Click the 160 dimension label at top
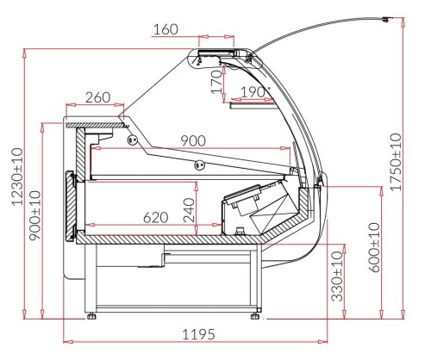(x=165, y=29)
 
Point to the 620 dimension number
(x=156, y=218)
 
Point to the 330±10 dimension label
(x=338, y=276)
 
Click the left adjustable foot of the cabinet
(x=92, y=316)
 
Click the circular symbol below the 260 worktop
(x=133, y=140)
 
